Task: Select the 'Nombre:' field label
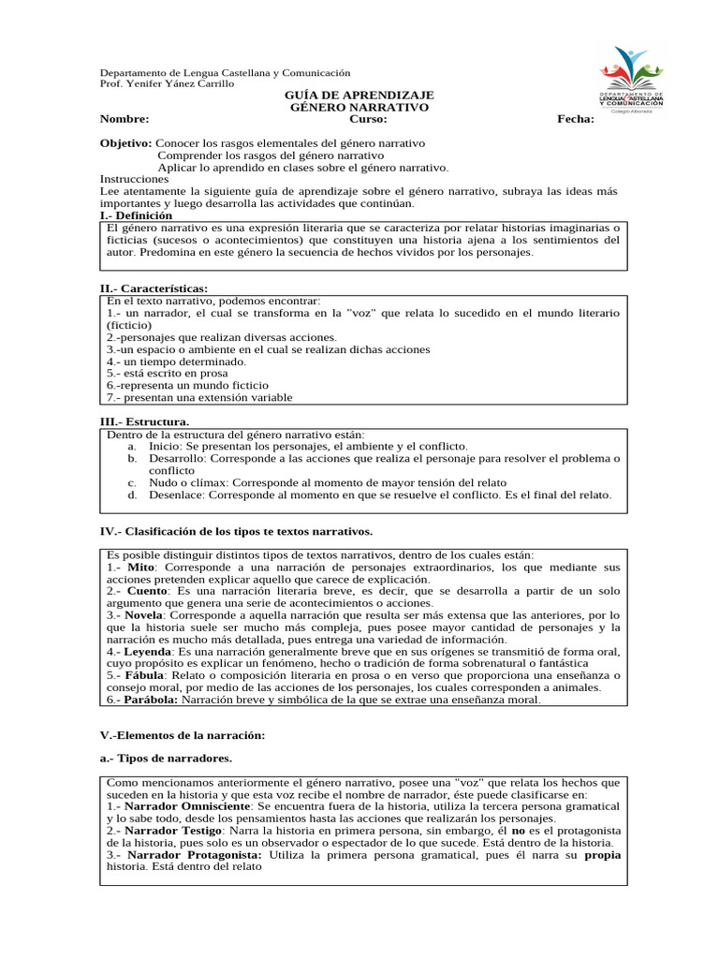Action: tap(125, 120)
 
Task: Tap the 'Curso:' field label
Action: tap(368, 120)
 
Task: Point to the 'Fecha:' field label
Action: tap(575, 120)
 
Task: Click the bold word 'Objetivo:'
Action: tap(125, 143)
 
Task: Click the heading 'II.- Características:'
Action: tap(154, 288)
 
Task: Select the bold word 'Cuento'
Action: tap(147, 592)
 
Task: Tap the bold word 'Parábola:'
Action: tap(153, 700)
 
